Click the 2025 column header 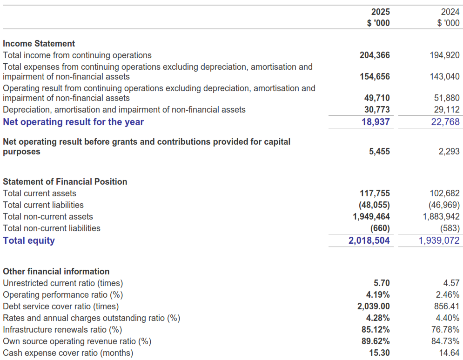click(380, 12)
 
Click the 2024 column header click(450, 12)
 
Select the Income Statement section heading click(39, 43)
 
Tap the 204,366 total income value click(375, 55)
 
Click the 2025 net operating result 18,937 click(376, 122)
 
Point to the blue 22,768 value click(445, 122)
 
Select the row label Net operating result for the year click(73, 122)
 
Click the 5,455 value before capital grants click(379, 152)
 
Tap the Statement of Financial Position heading click(65, 181)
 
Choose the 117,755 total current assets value click(375, 193)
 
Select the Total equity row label click(28, 240)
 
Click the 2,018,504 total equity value click(369, 240)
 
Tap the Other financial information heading click(56, 271)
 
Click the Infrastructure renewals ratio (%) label click(62, 330)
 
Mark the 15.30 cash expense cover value click(379, 353)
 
